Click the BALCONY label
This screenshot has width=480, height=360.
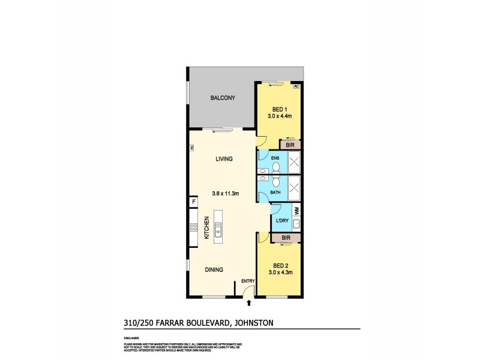tap(222, 98)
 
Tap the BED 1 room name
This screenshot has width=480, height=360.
tap(279, 109)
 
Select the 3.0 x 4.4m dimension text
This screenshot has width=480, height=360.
tap(279, 116)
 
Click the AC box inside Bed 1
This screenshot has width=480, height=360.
tap(296, 86)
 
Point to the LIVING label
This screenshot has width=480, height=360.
tap(223, 159)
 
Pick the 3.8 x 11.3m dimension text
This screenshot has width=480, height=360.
tap(226, 193)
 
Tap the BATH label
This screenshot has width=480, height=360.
tap(276, 193)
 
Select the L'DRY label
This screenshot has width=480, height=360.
tap(282, 221)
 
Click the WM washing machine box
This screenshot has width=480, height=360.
tap(296, 211)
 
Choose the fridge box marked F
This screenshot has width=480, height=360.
tap(193, 202)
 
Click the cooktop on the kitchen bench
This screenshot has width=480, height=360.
tap(194, 227)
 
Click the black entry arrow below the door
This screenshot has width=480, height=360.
tap(248, 304)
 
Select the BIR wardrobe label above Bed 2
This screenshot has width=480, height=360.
tap(286, 238)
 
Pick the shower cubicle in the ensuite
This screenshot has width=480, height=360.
tap(295, 161)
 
